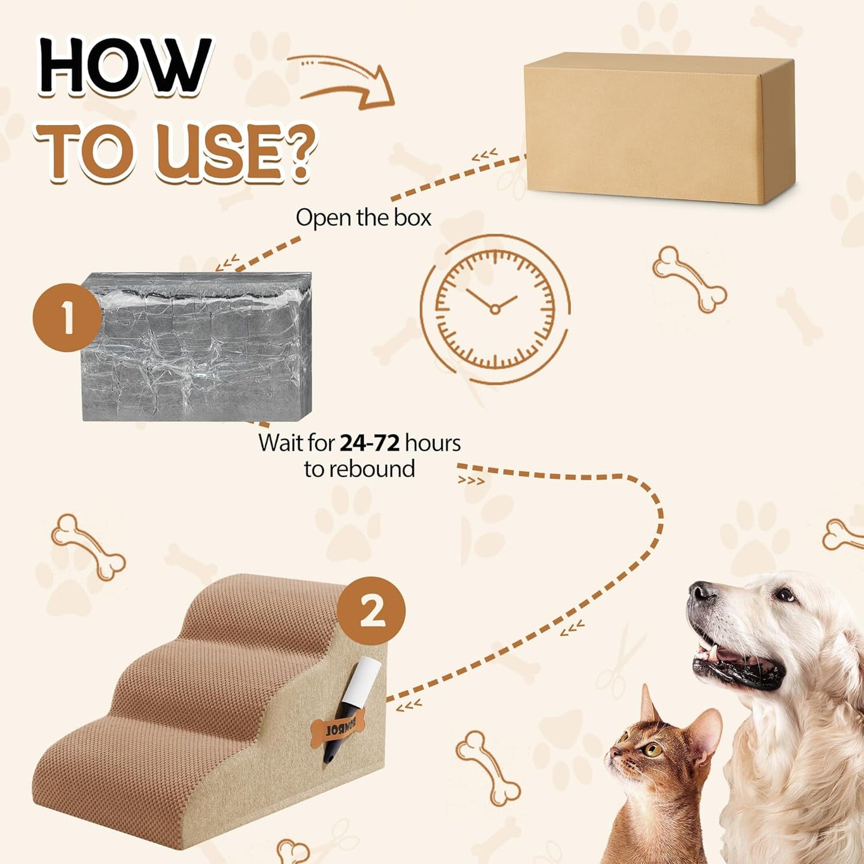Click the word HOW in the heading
pos(124,66)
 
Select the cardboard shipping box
pos(658,129)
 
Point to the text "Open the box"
pos(363,218)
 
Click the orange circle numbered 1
pos(66,317)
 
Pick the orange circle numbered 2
pos(371,610)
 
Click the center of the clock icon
pos(494,309)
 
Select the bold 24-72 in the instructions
pos(369,443)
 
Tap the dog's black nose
pos(701,592)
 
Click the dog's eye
pos(784,595)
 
